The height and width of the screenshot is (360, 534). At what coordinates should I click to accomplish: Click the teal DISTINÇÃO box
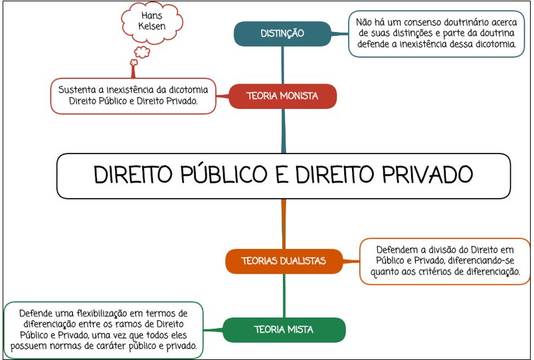[x=282, y=34]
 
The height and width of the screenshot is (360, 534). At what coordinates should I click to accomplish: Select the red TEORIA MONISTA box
[x=283, y=96]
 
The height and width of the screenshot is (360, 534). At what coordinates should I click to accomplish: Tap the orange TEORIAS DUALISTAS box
[x=284, y=261]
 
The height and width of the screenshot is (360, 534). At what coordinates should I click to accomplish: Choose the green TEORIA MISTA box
[x=284, y=329]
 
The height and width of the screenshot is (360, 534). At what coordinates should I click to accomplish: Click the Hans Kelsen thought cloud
[x=152, y=23]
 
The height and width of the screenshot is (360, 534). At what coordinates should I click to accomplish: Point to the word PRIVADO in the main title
[x=428, y=175]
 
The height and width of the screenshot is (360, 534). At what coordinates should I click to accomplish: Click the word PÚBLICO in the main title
[x=224, y=174]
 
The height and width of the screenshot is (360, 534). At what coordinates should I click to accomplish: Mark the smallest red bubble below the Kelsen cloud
[x=133, y=62]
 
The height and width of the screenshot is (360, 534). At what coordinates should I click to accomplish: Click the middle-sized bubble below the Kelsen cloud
[x=142, y=52]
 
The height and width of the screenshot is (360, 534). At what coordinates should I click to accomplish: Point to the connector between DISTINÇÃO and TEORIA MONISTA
[x=283, y=65]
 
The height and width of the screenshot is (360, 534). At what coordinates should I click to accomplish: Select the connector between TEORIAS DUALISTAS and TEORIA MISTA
[x=284, y=296]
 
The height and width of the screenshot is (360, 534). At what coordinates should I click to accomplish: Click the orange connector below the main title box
[x=284, y=224]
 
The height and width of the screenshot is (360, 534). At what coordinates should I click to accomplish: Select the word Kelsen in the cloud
[x=152, y=26]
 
